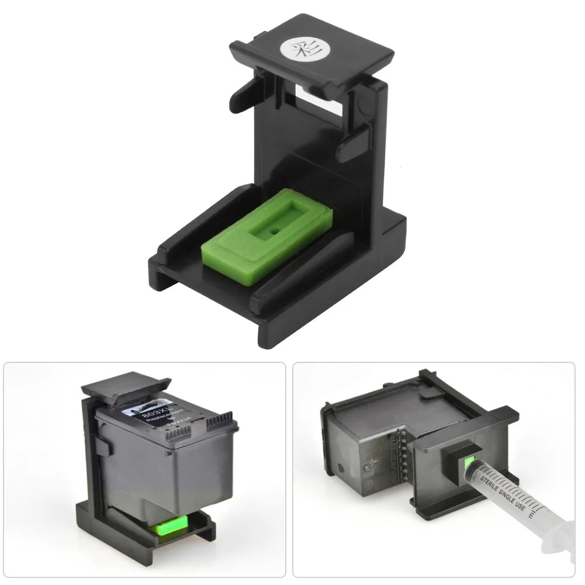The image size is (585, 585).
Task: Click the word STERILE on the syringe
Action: [492, 476]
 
